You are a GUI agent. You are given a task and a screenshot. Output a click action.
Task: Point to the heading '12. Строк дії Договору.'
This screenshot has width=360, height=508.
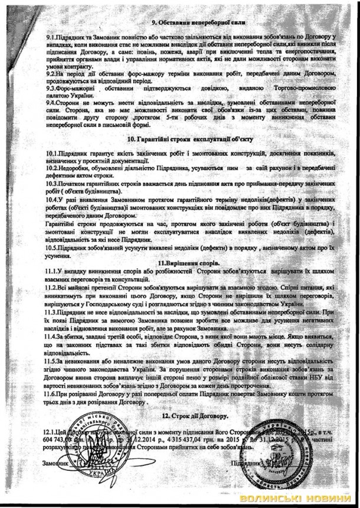point(194,418)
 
